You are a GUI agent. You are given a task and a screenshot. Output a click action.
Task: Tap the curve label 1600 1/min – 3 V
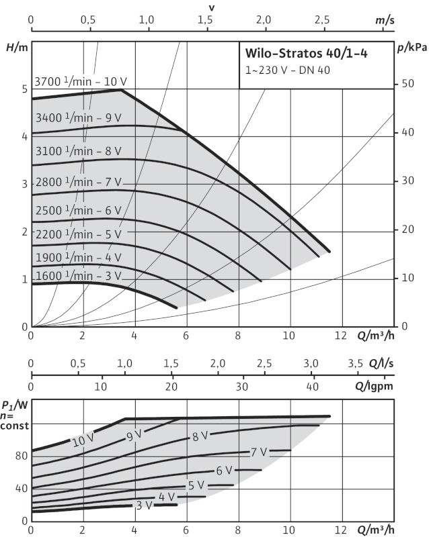[x=79, y=275]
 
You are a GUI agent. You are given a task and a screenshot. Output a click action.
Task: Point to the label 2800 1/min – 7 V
[x=79, y=183]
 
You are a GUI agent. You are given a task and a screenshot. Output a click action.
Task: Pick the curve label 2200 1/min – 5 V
[x=79, y=234]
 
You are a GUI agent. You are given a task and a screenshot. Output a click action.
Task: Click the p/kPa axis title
[x=410, y=48]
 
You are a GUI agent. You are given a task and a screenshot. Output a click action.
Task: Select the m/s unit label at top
[x=385, y=21]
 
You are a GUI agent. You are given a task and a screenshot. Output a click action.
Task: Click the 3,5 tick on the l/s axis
[x=354, y=363]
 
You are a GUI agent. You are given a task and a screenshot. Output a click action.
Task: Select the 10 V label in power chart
[x=83, y=441]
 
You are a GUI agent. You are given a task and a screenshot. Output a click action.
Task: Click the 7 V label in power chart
[x=259, y=452]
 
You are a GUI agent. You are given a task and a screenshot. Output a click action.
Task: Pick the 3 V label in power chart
[x=143, y=505]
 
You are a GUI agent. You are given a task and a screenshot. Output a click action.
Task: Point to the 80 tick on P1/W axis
[x=20, y=456]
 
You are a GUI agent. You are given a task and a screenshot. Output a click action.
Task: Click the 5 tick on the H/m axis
[x=24, y=89]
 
